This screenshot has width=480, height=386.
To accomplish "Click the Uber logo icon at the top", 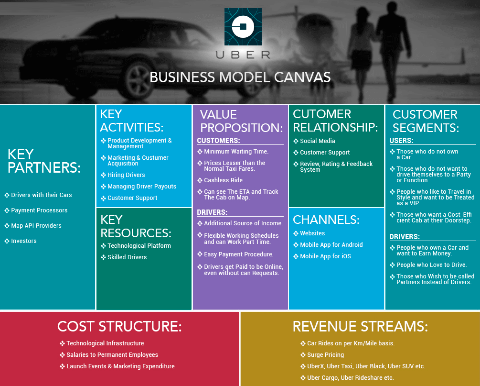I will coord(243,27).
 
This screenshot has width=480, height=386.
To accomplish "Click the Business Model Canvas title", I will coord(240,77).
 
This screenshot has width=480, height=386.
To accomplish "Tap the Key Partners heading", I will coord(44,161).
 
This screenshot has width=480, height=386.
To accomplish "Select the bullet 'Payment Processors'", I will coord(39,210).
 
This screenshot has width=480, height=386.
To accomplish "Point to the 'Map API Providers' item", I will coord(36,226).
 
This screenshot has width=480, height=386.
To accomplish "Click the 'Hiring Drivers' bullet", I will coord(126,175).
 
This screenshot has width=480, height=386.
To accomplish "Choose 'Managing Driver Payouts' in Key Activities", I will coord(142,187).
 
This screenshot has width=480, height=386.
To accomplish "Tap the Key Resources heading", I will coord(136,226).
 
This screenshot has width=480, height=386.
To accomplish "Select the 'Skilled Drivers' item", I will coord(127,257).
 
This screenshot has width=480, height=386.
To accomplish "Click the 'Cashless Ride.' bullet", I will coord(224,180).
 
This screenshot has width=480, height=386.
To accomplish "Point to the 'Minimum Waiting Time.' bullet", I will coord(236,152).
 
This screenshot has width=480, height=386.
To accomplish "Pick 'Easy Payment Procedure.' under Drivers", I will coord(238,254).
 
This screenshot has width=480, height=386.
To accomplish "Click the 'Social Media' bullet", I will coord(317,141).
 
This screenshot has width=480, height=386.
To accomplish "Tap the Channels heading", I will coord(326,220).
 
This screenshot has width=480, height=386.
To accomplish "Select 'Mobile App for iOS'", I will coord(325,256).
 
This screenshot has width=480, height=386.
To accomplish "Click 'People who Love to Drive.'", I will coord(431,265).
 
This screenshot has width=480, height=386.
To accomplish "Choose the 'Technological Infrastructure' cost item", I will coord(105,343).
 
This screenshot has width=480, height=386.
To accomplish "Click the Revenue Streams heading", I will coord(360,326).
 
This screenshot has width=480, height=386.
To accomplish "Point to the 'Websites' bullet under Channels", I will coord(312,233).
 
